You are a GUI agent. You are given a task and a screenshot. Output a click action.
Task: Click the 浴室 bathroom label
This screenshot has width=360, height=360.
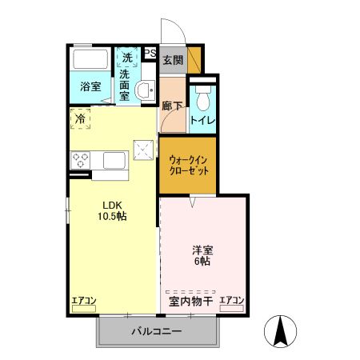[90, 86]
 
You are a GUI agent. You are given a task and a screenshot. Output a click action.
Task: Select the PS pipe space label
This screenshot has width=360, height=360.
[150, 54]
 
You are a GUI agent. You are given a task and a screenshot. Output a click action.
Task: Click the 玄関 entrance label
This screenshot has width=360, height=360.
[172, 60]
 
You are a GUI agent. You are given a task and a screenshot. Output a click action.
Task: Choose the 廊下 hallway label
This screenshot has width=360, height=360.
[171, 105]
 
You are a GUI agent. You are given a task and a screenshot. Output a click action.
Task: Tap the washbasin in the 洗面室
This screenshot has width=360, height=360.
[145, 90]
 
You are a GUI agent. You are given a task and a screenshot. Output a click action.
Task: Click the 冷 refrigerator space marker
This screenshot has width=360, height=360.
[80, 118]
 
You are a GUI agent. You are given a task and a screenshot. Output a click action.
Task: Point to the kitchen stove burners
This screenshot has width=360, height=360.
[81, 161]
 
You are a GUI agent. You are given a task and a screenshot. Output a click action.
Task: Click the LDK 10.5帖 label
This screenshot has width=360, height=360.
[113, 210]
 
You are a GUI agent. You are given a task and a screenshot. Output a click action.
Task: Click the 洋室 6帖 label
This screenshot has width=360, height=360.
[201, 254]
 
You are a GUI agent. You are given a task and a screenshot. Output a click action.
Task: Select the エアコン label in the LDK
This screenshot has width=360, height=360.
[83, 301]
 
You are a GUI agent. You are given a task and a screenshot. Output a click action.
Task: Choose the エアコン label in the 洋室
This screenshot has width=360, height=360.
[231, 301]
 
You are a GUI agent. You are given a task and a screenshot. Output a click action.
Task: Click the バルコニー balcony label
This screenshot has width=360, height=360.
[156, 330]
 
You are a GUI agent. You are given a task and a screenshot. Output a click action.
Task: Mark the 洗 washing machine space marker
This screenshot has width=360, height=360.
[127, 58]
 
